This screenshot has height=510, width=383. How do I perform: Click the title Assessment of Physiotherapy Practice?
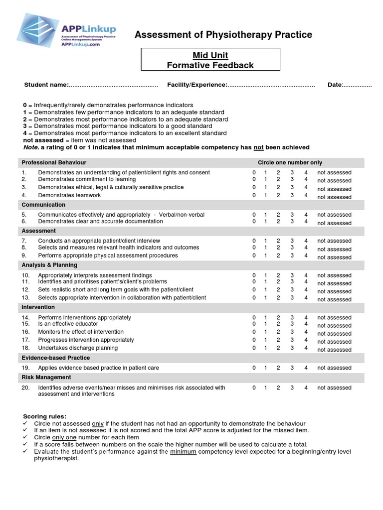pyautogui.click(x=223, y=34)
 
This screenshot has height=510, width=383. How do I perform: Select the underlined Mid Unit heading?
pyautogui.click(x=210, y=56)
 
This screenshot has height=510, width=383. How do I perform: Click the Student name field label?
pyautogui.click(x=46, y=85)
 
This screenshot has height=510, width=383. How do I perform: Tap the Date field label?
pyautogui.click(x=335, y=85)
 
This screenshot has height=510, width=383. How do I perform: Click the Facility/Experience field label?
pyautogui.click(x=197, y=85)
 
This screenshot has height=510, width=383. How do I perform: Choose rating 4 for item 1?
pyautogui.click(x=306, y=172)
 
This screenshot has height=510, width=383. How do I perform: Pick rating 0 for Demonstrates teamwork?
pyautogui.click(x=254, y=195)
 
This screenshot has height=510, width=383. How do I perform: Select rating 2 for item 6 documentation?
pyautogui.click(x=278, y=221)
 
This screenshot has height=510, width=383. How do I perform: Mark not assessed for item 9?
pyautogui.click(x=334, y=257)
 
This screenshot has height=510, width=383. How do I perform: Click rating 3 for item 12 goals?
pyautogui.click(x=292, y=289)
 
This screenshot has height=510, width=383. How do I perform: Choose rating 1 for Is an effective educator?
pyautogui.click(x=266, y=324)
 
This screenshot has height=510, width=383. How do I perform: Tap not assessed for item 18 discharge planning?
pyautogui.click(x=334, y=349)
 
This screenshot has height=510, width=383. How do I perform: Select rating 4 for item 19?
pyautogui.click(x=306, y=368)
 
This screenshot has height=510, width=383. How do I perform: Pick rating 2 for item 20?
pyautogui.click(x=278, y=387)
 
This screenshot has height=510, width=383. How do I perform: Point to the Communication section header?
pyautogui.click(x=43, y=205)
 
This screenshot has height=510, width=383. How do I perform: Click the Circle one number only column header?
pyautogui.click(x=290, y=162)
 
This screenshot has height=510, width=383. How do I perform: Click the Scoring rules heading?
pyautogui.click(x=45, y=416)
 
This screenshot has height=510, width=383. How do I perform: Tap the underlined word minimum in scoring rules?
pyautogui.click(x=183, y=452)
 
